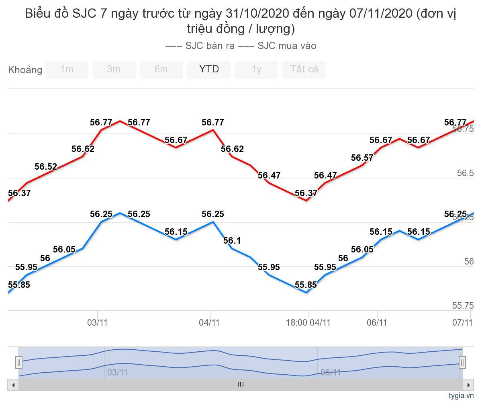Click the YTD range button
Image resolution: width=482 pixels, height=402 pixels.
[x=209, y=70]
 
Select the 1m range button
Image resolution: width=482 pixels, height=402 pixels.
[x=67, y=70]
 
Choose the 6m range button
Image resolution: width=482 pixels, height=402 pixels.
[x=161, y=70]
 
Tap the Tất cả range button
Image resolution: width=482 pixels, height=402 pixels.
[x=304, y=70]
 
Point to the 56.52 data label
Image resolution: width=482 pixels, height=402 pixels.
[x=46, y=167]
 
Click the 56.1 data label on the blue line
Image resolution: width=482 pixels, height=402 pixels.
[x=232, y=241]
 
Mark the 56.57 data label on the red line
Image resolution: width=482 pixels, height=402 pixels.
[x=362, y=158]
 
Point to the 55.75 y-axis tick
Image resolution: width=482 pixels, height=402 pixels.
[x=463, y=306]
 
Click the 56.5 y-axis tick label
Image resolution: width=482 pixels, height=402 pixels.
[x=465, y=173]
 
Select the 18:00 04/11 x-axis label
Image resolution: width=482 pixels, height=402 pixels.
[x=308, y=322]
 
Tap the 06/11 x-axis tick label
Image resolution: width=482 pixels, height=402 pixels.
[x=377, y=322]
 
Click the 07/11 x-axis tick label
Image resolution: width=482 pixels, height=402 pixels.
[x=462, y=322]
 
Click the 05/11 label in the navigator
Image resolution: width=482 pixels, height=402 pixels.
[x=331, y=373]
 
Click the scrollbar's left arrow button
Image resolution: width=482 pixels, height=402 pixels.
[x=13, y=385]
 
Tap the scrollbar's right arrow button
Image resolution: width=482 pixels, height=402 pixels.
[x=468, y=385]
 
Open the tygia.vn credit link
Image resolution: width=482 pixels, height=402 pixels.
[x=461, y=396]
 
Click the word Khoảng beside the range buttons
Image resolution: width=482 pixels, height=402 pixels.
[x=25, y=70]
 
